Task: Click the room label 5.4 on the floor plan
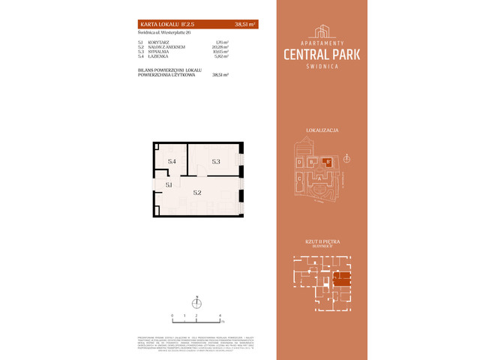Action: [172, 161]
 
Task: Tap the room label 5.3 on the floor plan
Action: [216, 161]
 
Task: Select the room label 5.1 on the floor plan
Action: [169, 184]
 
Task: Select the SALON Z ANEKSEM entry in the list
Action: [166, 46]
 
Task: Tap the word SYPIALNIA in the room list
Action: [160, 52]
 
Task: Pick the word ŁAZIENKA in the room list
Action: [160, 57]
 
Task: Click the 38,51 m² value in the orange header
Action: [245, 23]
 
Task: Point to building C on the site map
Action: [300, 178]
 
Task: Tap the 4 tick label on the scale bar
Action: [220, 316]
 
